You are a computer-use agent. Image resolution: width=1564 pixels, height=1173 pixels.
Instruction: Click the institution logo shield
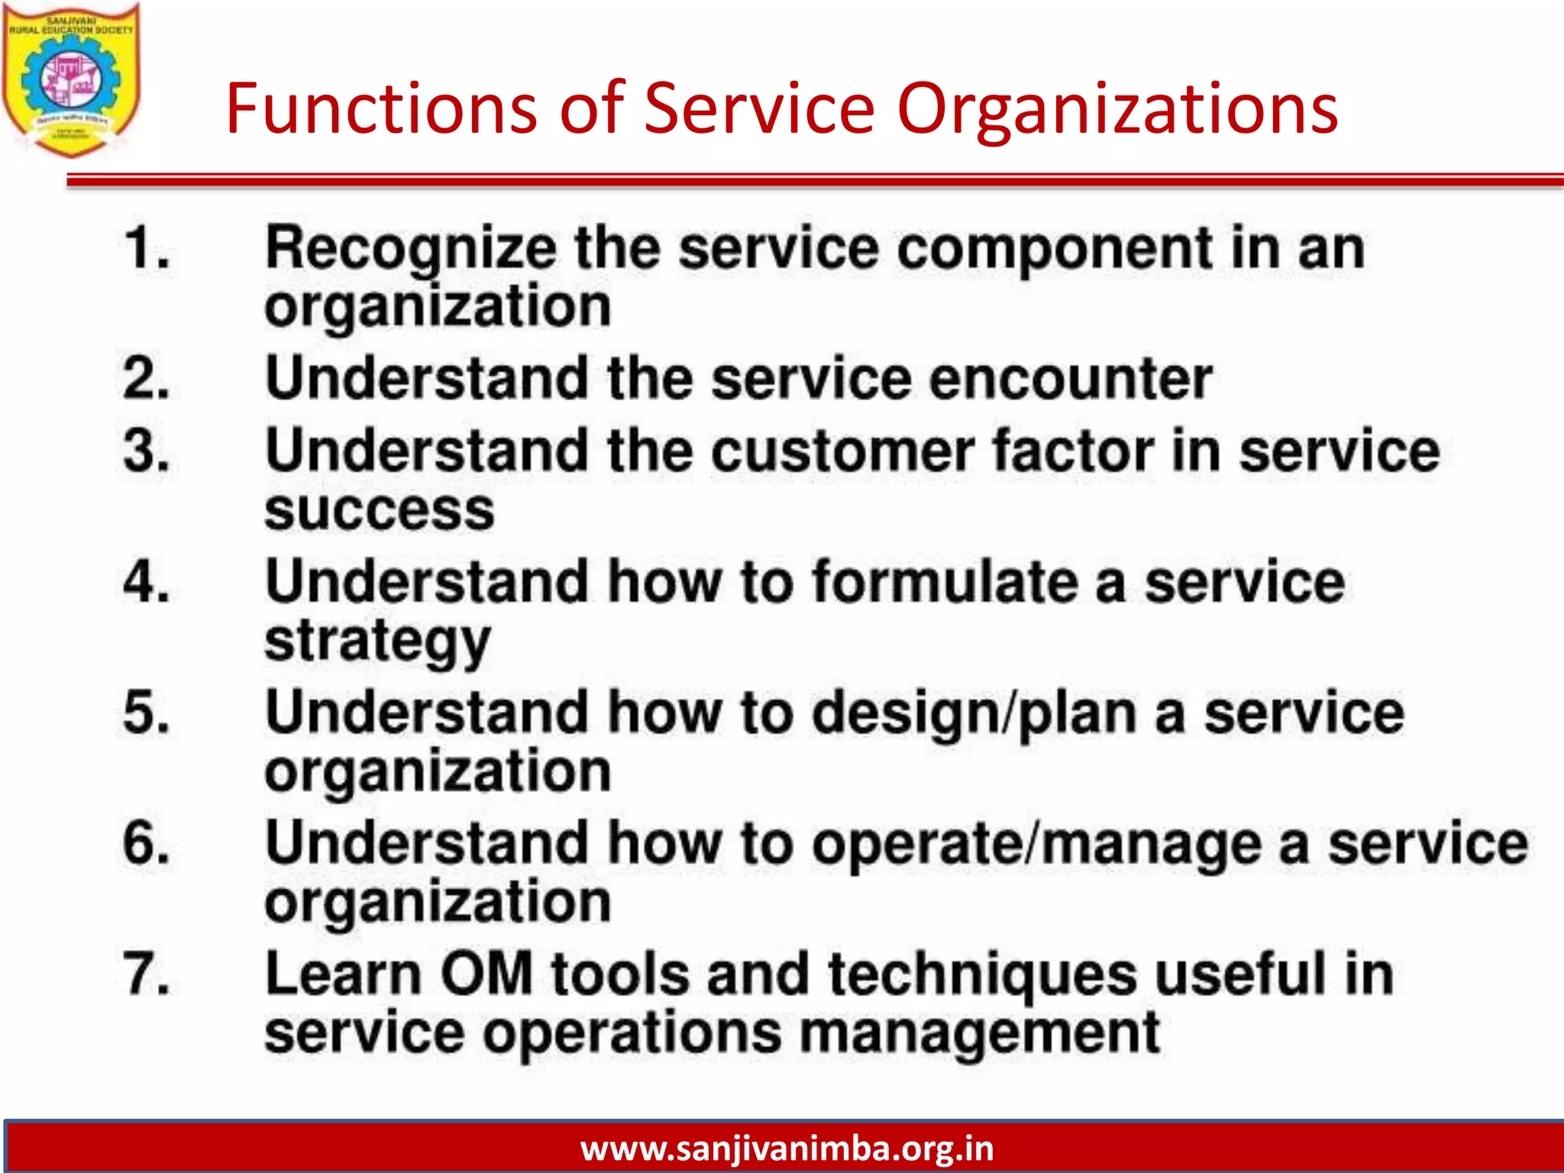71,79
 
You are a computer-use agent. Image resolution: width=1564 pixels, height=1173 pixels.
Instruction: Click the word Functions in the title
382,108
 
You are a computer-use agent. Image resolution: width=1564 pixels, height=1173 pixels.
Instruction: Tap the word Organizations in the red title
1116,110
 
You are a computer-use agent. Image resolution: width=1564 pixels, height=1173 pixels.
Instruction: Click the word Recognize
411,250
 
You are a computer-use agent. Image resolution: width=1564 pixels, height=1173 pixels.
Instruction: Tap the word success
380,509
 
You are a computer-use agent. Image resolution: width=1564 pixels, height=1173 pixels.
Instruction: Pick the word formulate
945,582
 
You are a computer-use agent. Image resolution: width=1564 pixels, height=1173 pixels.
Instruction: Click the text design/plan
974,715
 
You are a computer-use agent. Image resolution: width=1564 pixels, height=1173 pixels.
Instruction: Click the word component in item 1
1055,250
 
